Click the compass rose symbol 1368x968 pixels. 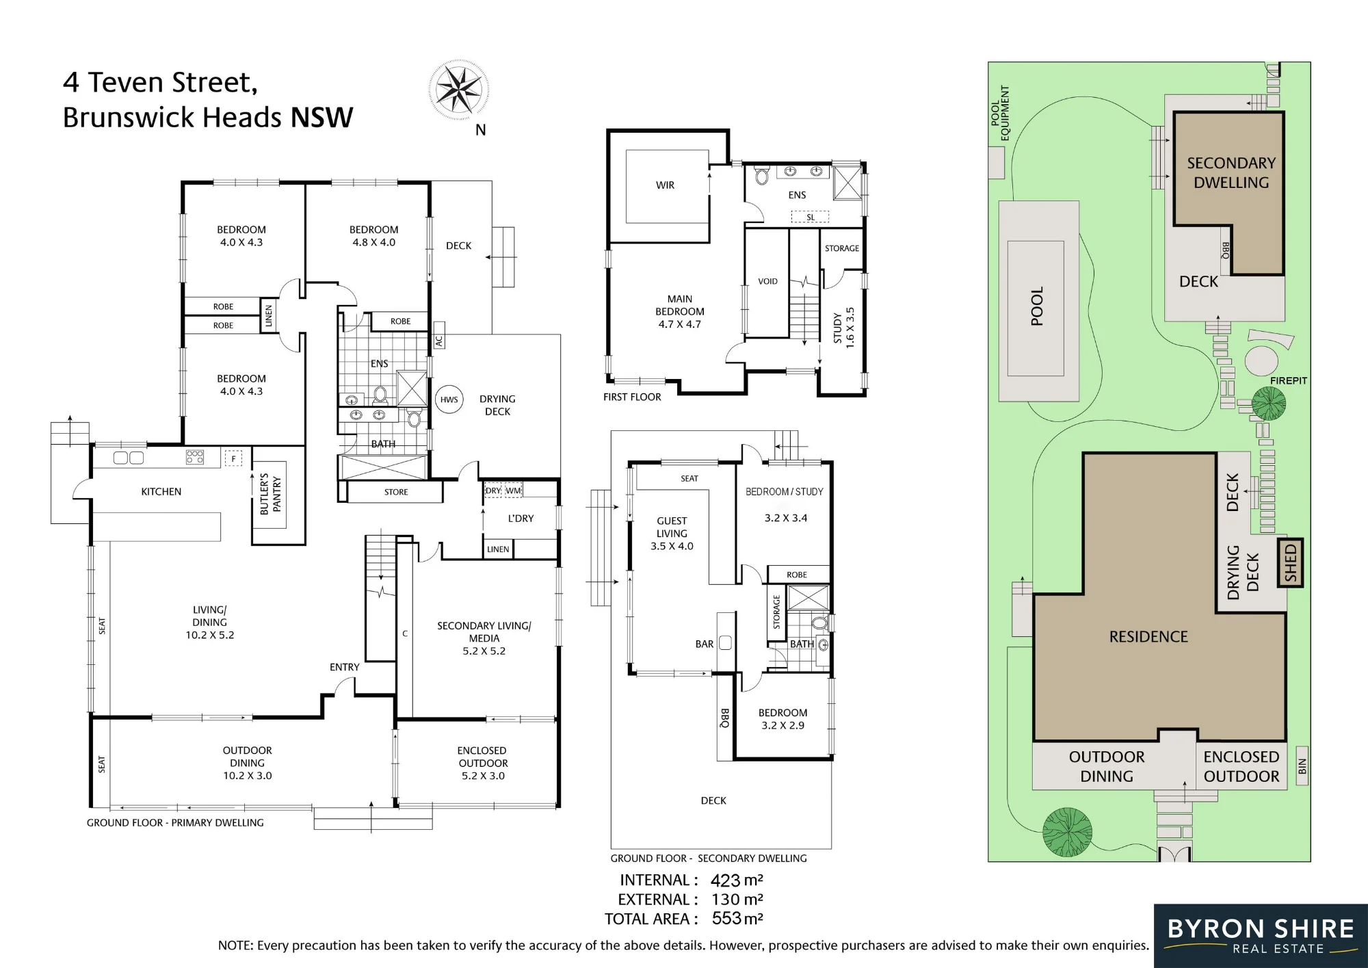point(458,90)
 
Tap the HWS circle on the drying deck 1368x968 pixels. point(449,400)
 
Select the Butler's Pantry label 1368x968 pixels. point(270,494)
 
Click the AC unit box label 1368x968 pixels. point(439,340)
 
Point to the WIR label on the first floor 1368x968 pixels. point(665,185)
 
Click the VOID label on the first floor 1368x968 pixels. point(767,281)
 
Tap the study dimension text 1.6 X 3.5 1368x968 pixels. point(850,328)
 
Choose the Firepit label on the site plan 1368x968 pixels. point(1288,380)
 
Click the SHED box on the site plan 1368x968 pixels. point(1290,562)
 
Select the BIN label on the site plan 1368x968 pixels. point(1302,766)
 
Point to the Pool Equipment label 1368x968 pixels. point(1000,113)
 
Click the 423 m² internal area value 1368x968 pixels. point(737,880)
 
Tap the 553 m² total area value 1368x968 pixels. point(737,918)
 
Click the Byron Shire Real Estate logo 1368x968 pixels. point(1261,936)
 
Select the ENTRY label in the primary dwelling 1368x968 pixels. point(344,667)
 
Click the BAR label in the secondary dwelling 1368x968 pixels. point(704,644)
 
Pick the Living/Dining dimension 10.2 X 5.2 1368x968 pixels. point(209,635)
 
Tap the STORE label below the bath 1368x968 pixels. point(396,492)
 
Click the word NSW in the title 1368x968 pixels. point(321,117)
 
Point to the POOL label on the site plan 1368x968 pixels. point(1037,306)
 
